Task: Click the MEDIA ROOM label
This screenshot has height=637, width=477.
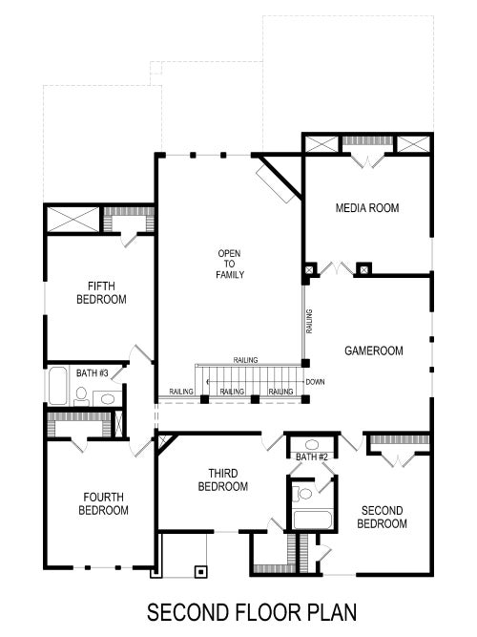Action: [366, 207]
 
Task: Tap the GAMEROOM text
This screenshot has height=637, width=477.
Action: [373, 350]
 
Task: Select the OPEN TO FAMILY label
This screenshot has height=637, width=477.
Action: [230, 264]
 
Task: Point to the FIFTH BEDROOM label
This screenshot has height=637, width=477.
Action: [101, 292]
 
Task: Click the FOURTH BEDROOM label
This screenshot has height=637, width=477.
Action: [103, 503]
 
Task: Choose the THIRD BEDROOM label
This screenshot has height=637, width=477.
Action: [222, 479]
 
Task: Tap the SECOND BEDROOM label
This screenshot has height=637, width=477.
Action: [382, 517]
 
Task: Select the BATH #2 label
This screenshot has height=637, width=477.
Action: [311, 457]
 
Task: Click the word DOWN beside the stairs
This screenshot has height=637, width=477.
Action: [316, 382]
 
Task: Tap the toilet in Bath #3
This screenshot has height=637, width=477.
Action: [81, 393]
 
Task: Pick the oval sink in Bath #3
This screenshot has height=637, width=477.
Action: [106, 398]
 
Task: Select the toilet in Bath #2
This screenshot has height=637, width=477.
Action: [303, 494]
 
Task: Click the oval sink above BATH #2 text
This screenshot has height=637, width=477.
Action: [312, 444]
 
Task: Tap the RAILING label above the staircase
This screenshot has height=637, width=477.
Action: [244, 360]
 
